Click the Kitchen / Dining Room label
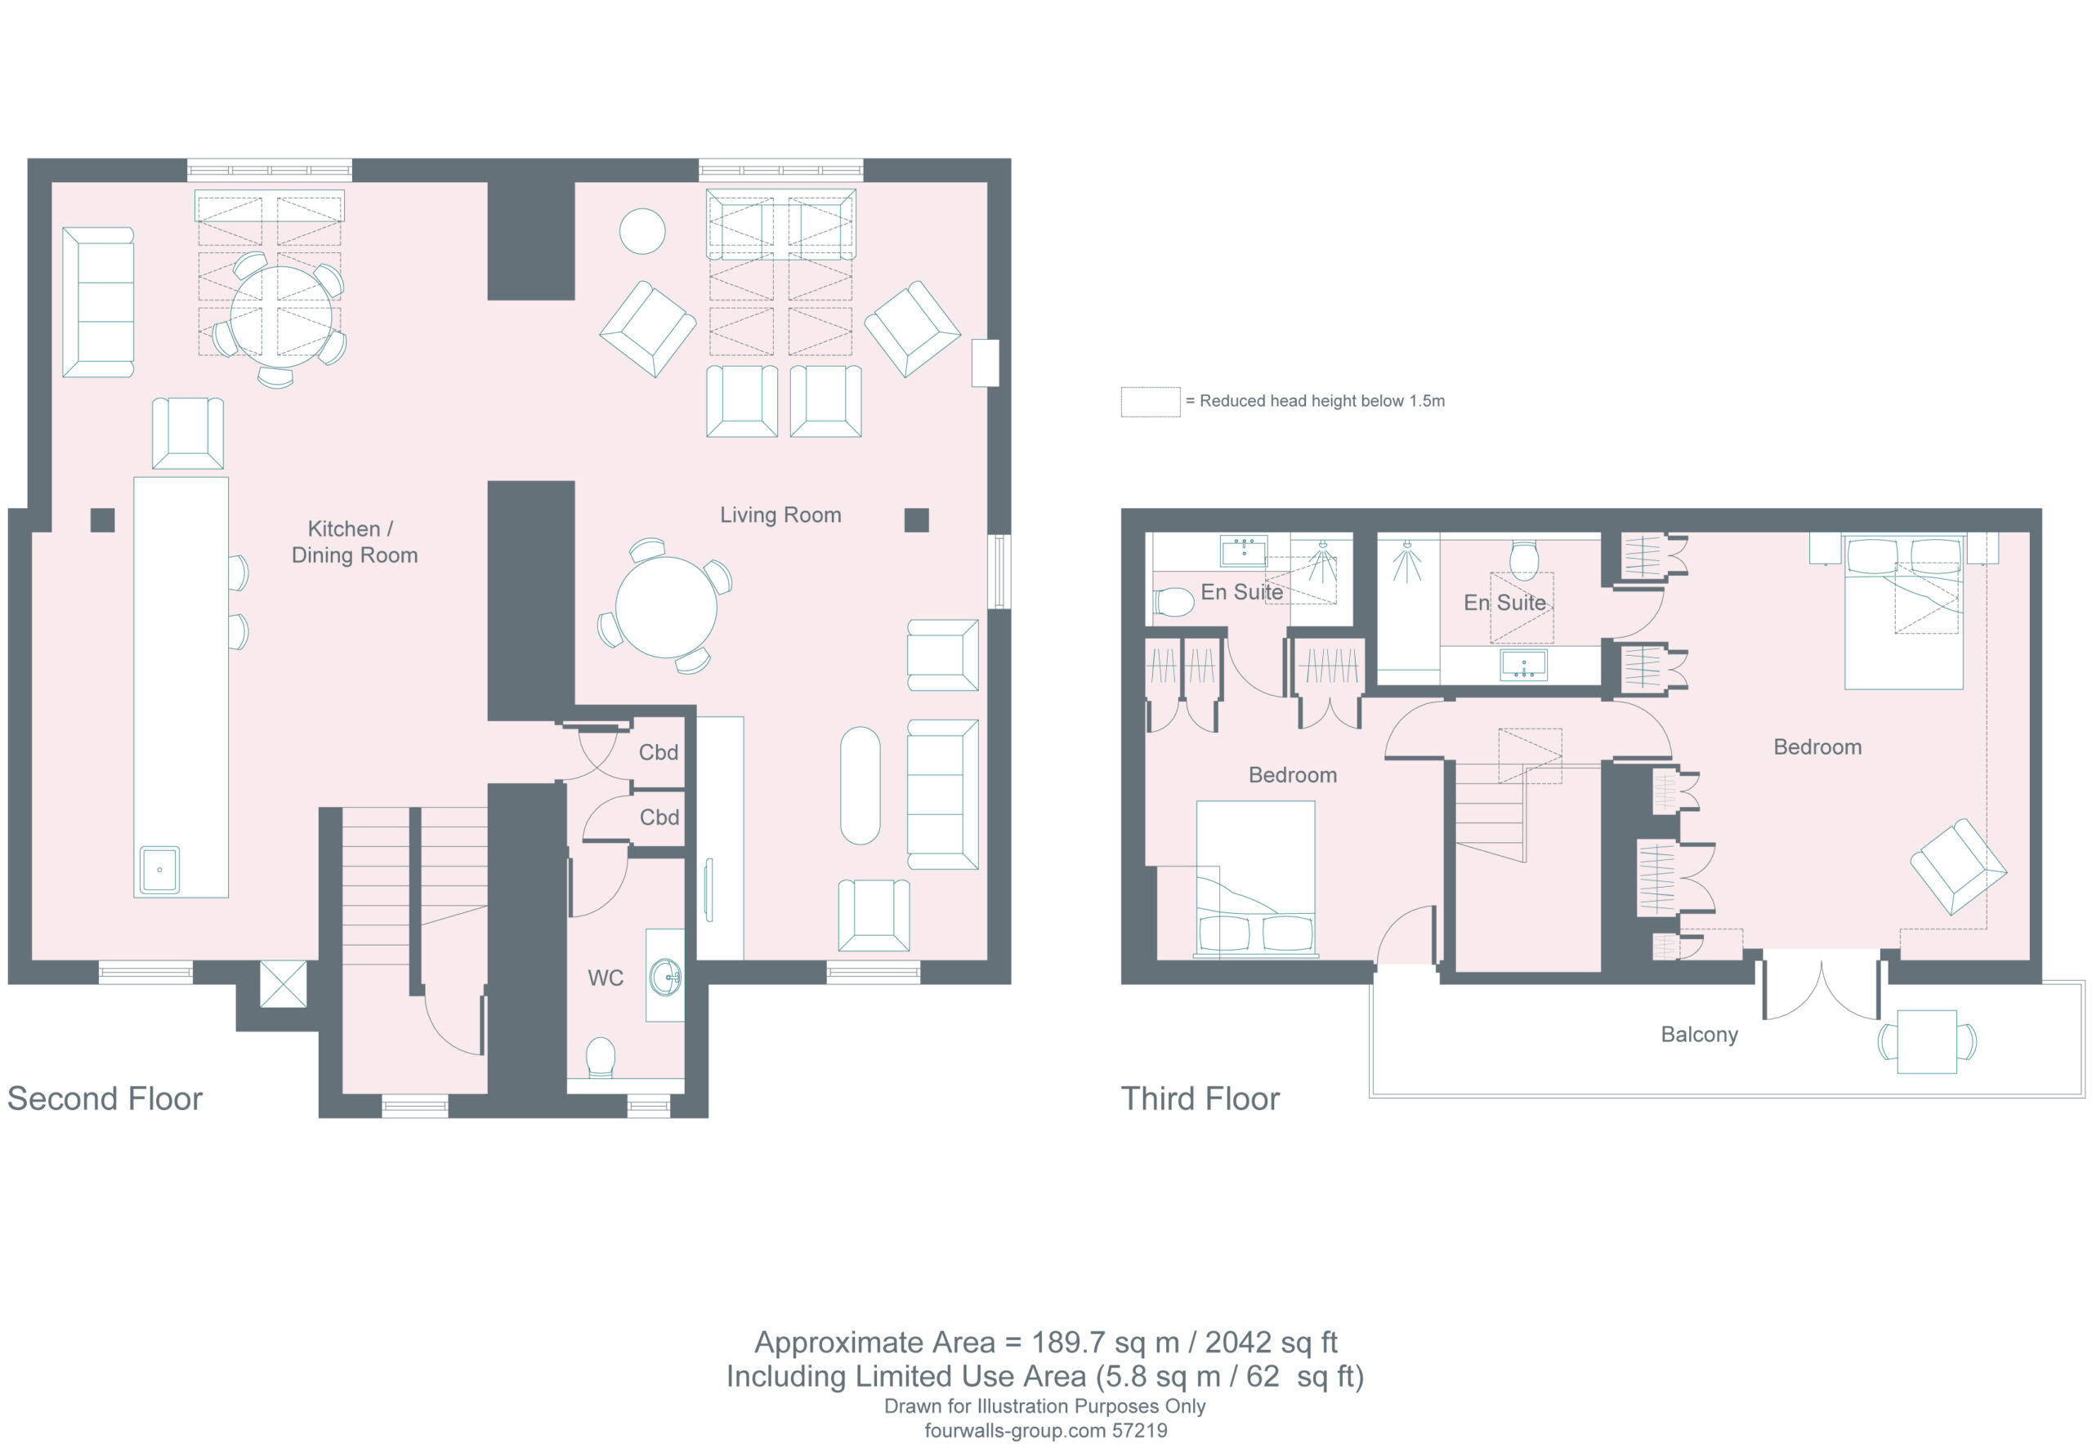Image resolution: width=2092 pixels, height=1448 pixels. pos(354,541)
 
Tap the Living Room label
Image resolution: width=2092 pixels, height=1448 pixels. pos(780,515)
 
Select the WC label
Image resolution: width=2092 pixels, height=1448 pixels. pos(606,978)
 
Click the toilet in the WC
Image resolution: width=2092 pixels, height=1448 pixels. pos(601,1057)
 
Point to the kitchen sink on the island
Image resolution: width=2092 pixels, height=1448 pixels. pos(159,870)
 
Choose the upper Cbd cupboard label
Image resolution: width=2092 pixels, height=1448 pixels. pos(658,753)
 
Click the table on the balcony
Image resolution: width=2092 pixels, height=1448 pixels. pos(1927,1041)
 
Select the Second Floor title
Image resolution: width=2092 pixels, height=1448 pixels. pos(105,1098)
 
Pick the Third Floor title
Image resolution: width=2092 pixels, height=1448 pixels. pos(1200,1098)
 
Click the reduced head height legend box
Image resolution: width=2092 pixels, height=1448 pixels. pos(1150,402)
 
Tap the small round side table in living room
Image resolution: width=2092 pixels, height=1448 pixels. pos(642,230)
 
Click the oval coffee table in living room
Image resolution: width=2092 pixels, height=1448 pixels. pos(860,786)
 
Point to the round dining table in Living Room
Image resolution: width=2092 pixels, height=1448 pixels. pos(666,607)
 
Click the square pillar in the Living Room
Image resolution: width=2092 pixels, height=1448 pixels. pos(917,520)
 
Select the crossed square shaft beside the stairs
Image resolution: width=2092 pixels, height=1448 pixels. pos(284,984)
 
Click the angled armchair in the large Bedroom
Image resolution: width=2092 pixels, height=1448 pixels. pos(1958,867)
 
